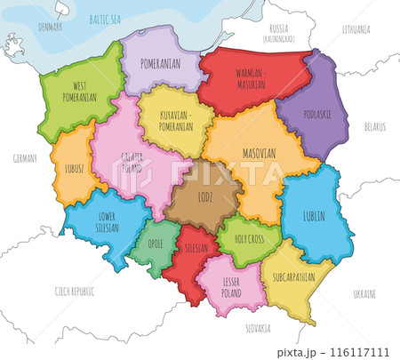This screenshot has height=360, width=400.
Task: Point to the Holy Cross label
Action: (x=243, y=237)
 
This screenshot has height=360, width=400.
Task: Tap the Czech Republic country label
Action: (x=75, y=292)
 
